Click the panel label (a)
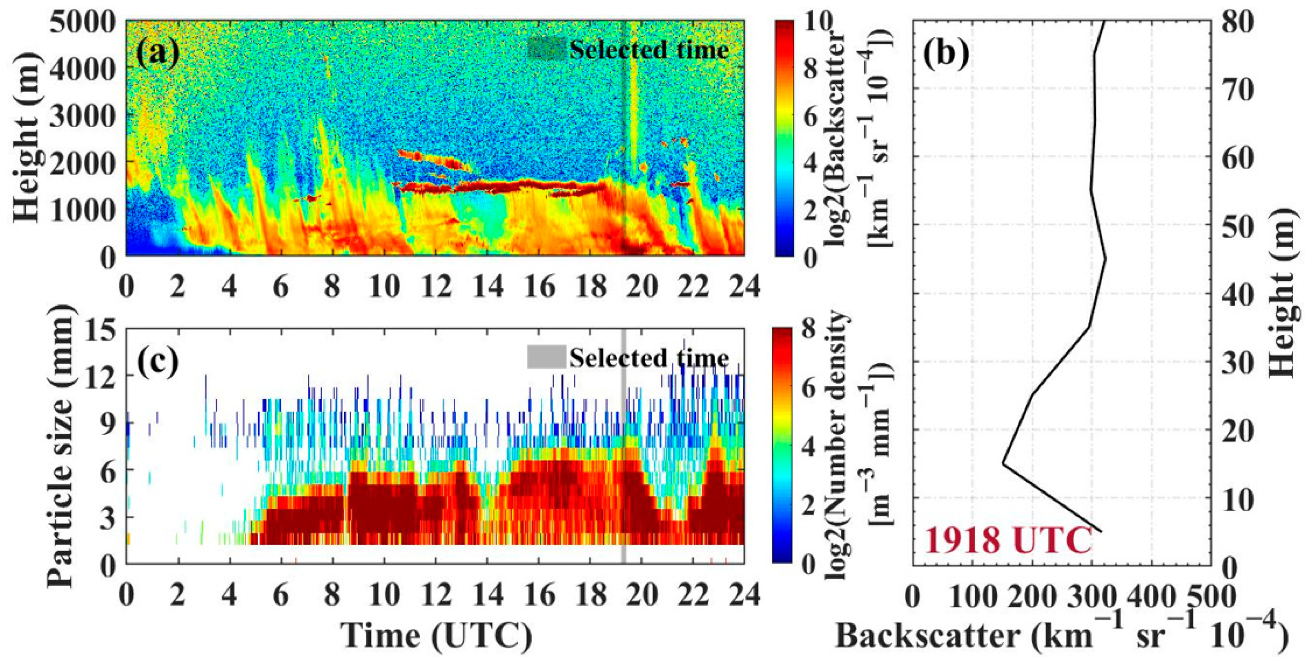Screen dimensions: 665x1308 [x=157, y=52]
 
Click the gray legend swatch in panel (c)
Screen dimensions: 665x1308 [x=546, y=357]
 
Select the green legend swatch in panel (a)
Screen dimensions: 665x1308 [x=546, y=49]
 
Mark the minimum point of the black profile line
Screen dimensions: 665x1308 [x=1003, y=464]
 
